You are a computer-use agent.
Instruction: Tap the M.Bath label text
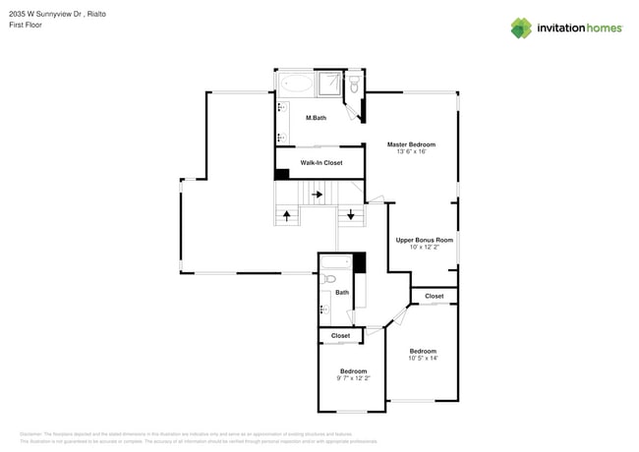coord(316,119)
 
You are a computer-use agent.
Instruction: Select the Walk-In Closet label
coord(321,162)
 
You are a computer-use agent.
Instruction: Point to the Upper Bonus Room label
coord(425,240)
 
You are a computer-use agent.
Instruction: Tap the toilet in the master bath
coord(354,87)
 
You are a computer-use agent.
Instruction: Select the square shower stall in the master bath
coord(334,84)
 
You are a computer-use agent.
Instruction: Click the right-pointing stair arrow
coord(318,195)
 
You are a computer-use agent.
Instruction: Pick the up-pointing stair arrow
coord(287,214)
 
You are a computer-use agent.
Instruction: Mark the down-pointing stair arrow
coord(350,214)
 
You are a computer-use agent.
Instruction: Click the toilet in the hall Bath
coord(329,279)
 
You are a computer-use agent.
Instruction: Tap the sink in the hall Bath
coord(324,311)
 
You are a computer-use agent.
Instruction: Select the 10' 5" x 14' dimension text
coord(423,358)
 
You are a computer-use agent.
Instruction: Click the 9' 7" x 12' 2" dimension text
coord(352,378)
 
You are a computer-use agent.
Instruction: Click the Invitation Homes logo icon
coord(521,28)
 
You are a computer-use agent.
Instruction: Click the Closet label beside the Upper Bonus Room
coord(434,296)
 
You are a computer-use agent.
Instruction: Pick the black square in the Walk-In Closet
coord(282,175)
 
